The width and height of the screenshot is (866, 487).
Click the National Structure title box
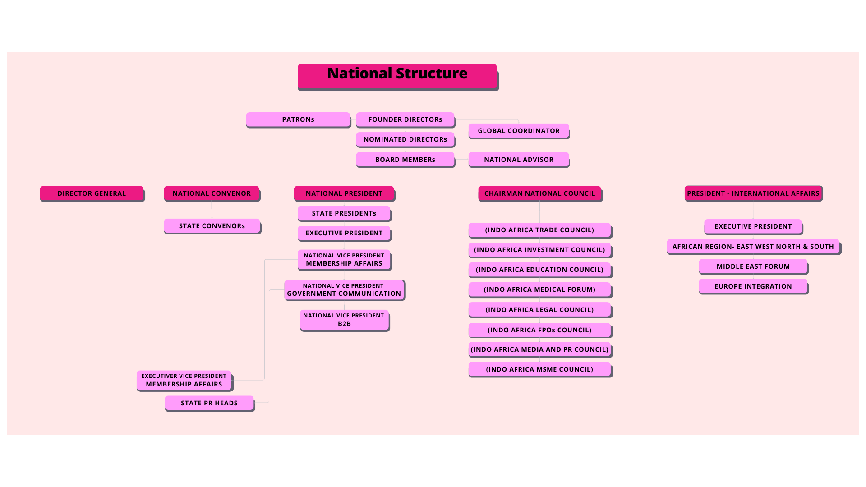[397, 76]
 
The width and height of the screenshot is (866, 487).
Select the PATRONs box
[298, 119]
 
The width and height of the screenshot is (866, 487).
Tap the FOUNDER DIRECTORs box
[405, 119]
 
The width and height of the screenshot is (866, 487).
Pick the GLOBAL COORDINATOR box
[519, 131]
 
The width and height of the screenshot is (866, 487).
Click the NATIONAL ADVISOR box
[519, 160]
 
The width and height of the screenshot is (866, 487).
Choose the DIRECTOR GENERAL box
[92, 193]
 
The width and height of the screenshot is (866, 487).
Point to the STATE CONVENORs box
[212, 226]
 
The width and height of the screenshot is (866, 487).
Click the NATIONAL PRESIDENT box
[344, 193]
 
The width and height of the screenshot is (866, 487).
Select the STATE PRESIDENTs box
[344, 213]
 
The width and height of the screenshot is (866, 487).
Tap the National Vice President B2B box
[344, 320]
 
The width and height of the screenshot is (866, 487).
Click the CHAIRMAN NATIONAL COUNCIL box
[540, 193]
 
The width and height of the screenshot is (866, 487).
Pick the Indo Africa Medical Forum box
[539, 289]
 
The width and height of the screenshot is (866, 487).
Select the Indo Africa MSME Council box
[539, 369]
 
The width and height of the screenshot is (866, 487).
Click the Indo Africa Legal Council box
[539, 310]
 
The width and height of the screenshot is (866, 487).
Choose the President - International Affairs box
[753, 193]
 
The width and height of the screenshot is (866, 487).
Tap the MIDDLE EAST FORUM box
[753, 266]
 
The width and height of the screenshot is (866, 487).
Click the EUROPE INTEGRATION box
[753, 286]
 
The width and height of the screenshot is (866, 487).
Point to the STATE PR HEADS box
[209, 403]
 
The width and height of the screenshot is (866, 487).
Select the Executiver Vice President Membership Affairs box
[184, 380]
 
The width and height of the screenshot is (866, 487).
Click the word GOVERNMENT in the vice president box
[309, 294]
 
